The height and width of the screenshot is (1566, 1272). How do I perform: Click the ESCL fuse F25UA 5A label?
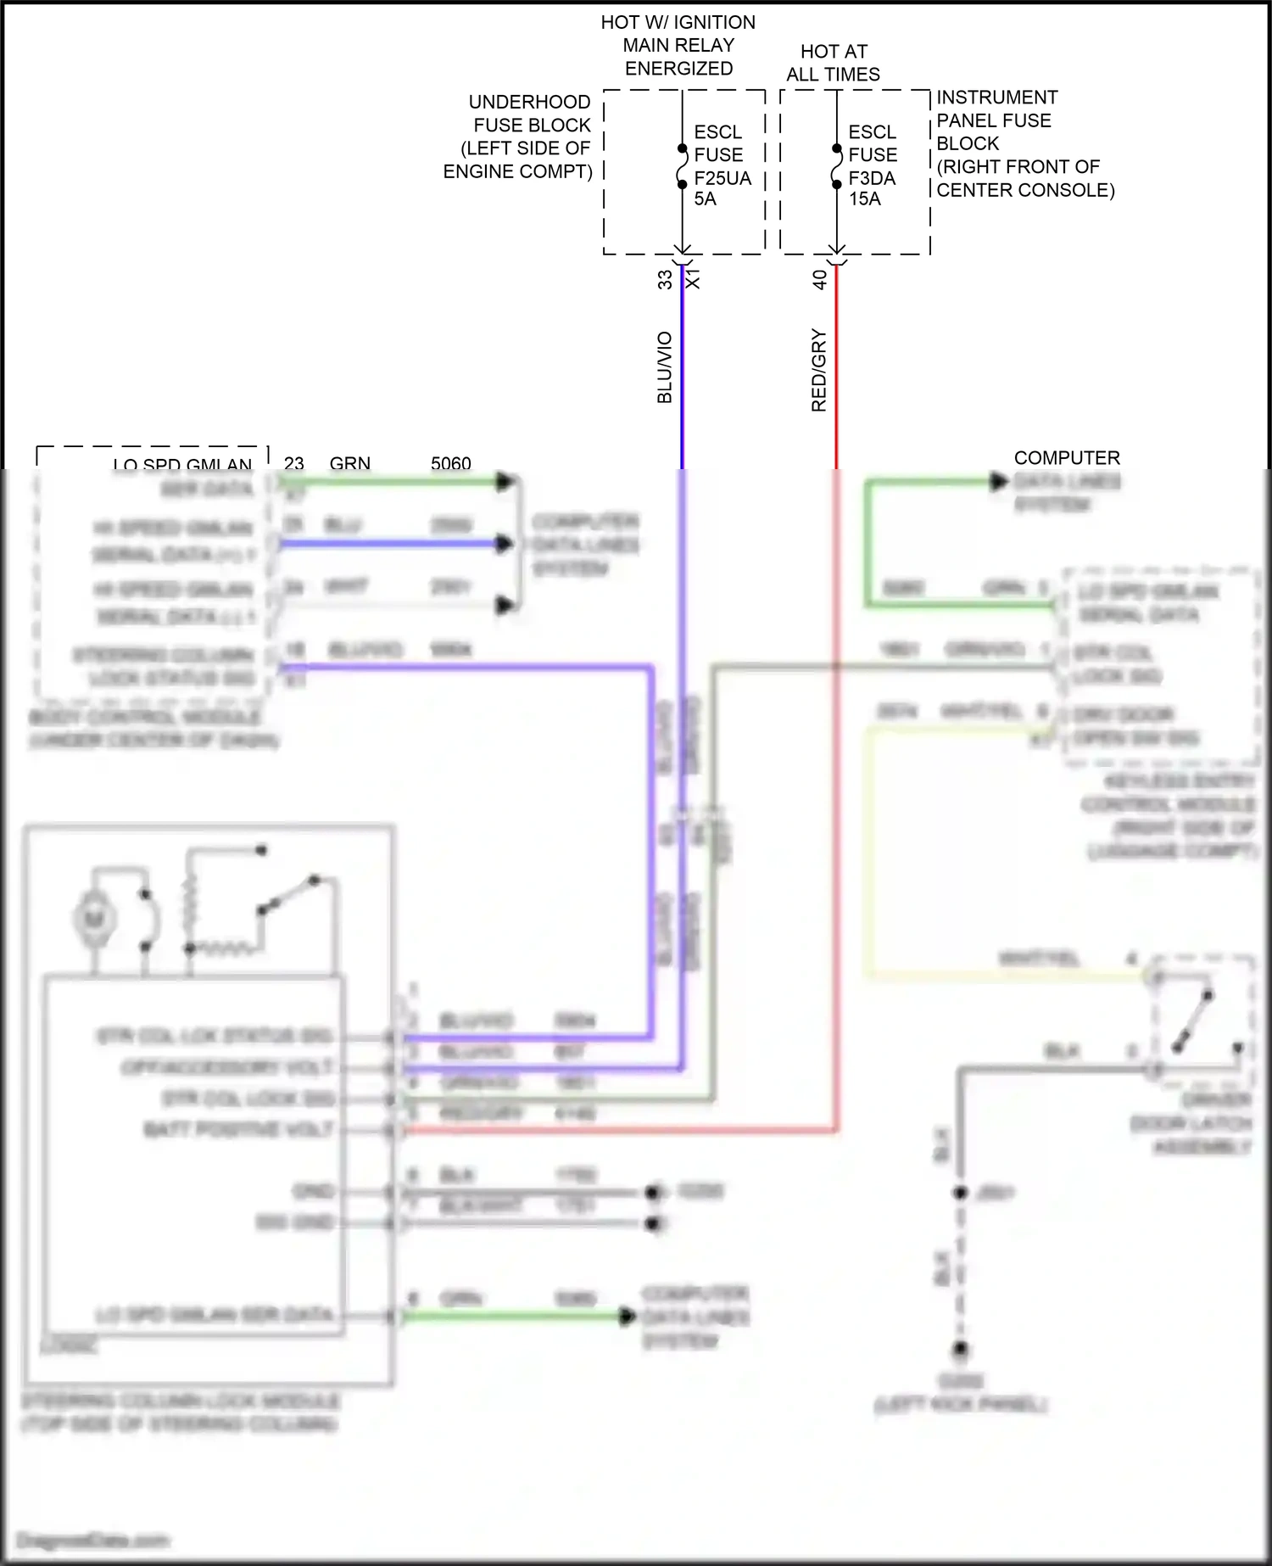[722, 165]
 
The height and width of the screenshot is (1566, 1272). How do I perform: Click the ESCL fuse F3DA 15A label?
[872, 165]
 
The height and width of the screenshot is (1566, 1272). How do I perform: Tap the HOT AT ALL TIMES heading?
[833, 63]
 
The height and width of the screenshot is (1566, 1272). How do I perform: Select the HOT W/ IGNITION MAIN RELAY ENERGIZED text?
[678, 45]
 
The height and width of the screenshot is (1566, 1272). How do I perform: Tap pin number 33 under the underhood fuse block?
[665, 279]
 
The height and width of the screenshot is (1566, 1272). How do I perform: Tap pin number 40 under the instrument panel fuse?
[819, 279]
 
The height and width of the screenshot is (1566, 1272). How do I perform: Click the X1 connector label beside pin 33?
[693, 279]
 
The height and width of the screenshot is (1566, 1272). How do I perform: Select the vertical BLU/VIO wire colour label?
[665, 366]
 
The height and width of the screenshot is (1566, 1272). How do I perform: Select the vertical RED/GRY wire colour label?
[818, 370]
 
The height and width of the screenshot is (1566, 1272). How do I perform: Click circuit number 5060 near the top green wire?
[450, 463]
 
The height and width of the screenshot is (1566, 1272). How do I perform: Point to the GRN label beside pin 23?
[349, 463]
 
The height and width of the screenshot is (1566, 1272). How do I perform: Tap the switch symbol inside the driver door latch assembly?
[1193, 1021]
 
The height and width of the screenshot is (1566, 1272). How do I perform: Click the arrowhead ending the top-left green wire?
[505, 482]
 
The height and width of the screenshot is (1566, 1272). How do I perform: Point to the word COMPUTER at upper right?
[1067, 457]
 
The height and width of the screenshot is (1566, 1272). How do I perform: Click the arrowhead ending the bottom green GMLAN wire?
[627, 1316]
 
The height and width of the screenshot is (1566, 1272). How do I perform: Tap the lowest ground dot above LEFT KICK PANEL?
[960, 1348]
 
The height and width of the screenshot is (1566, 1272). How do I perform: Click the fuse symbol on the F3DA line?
[836, 166]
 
